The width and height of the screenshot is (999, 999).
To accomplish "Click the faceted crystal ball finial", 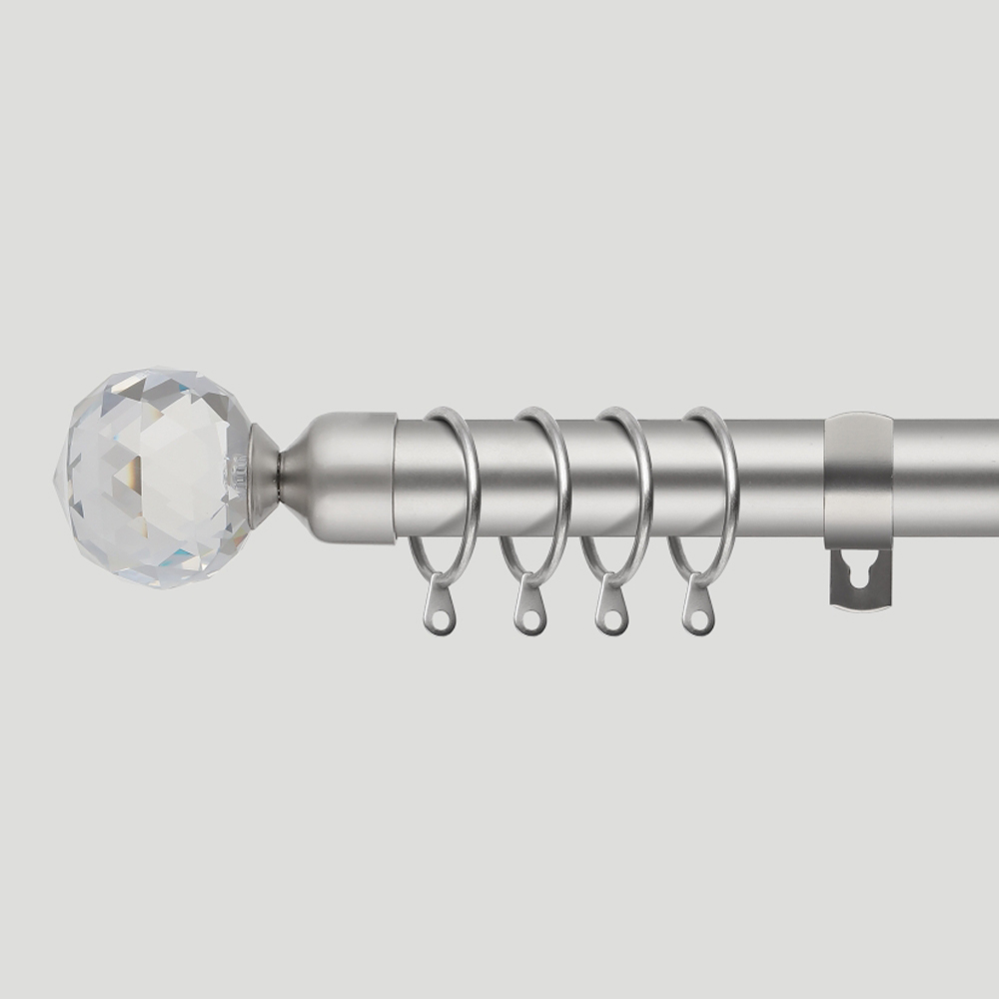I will click(x=152, y=478).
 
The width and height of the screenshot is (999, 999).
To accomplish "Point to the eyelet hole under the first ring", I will click(x=441, y=619).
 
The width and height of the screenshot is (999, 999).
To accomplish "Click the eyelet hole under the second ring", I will click(x=530, y=619).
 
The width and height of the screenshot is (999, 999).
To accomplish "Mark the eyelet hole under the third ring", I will click(x=611, y=619).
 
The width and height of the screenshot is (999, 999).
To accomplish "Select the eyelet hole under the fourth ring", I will click(x=699, y=619).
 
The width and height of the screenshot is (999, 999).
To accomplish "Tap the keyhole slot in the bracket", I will click(x=859, y=575).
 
